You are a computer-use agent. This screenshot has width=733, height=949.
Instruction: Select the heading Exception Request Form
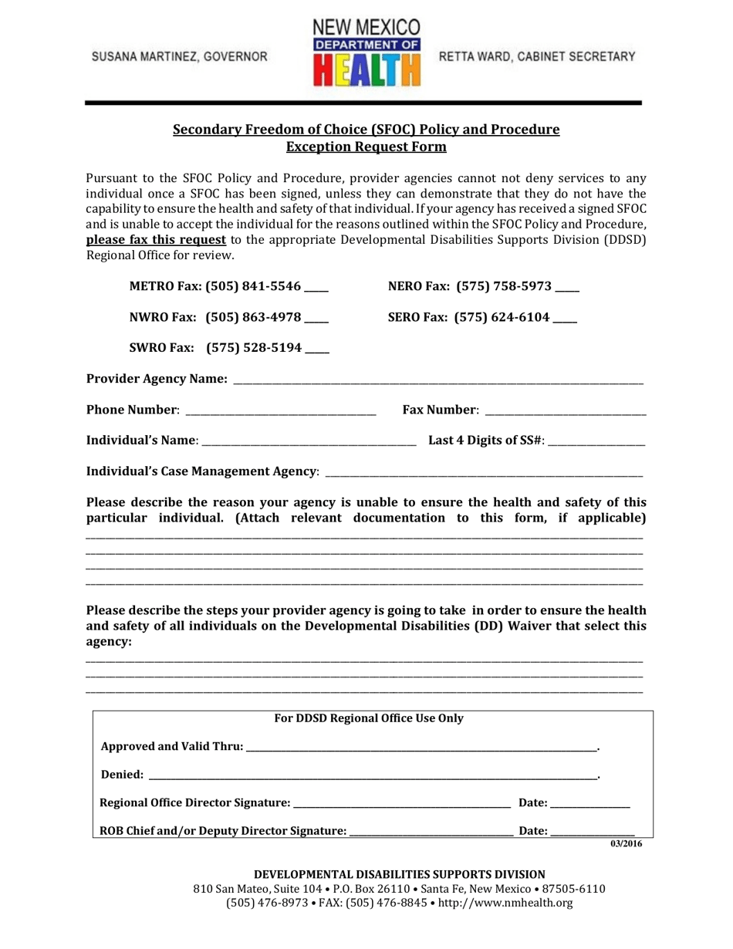click(x=366, y=146)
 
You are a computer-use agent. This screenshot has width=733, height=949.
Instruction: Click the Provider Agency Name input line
click(x=437, y=380)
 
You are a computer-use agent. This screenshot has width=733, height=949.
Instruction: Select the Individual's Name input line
click(x=309, y=441)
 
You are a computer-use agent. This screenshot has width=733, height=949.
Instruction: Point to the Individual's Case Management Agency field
click(x=484, y=471)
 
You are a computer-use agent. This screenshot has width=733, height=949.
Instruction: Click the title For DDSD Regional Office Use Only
click(x=370, y=719)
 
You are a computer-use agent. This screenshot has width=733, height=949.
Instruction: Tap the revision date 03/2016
click(x=626, y=844)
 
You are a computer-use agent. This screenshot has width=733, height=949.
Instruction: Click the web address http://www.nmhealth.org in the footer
click(x=505, y=903)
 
